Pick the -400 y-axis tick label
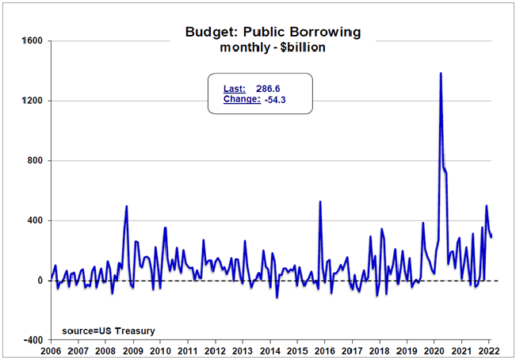32,340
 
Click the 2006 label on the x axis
50,350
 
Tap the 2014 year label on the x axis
269,350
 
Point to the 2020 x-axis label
434,350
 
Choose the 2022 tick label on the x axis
489,350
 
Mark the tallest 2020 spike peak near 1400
440,73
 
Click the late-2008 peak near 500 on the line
127,206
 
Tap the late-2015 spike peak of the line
320,201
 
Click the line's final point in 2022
491,237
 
